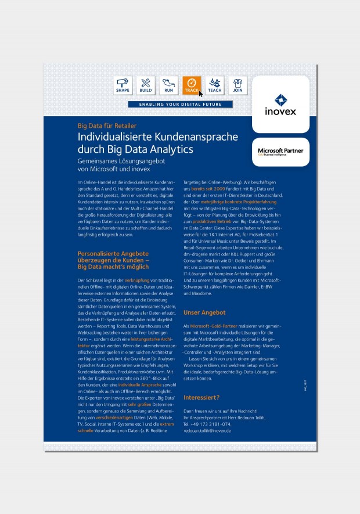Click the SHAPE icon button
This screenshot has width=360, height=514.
tap(123, 85)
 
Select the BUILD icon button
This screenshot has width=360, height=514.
tap(146, 85)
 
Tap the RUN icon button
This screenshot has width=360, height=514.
tap(168, 85)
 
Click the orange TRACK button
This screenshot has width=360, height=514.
tap(192, 85)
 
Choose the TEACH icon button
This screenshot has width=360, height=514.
tap(214, 85)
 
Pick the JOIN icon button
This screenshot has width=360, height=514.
tap(237, 85)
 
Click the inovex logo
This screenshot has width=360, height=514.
tap(281, 105)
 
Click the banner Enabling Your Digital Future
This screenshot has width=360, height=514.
tap(180, 105)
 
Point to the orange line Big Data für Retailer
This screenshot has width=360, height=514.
tap(107, 125)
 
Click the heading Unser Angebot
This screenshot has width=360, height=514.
tap(204, 312)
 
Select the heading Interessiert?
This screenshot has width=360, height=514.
tap(201, 398)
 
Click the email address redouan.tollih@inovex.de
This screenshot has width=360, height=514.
tap(207, 430)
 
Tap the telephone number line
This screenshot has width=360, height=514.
tap(207, 424)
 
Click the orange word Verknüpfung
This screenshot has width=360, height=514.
tap(137, 281)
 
